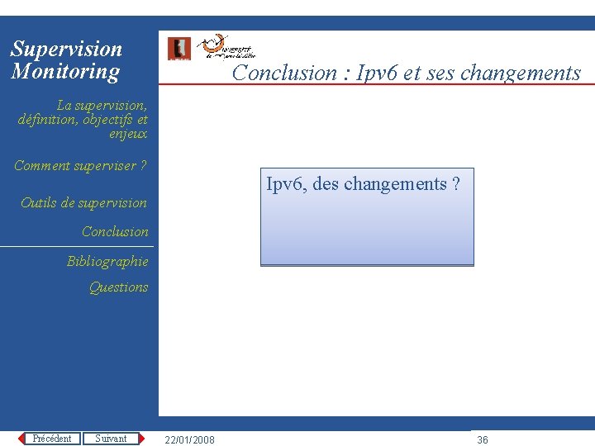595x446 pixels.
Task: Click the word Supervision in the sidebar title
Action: (66, 49)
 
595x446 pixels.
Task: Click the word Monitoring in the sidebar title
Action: (65, 71)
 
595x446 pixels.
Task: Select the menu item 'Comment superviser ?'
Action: (80, 165)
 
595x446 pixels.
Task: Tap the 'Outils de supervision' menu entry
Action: (83, 202)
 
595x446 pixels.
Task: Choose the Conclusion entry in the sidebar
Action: (115, 231)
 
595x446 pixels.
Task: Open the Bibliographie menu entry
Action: (107, 261)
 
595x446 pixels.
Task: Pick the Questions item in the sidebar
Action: (118, 287)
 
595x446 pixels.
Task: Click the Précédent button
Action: (51, 439)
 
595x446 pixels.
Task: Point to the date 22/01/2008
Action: (189, 439)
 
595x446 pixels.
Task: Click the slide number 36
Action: (483, 439)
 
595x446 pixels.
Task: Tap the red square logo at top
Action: (178, 49)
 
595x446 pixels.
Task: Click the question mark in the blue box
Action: (456, 184)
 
